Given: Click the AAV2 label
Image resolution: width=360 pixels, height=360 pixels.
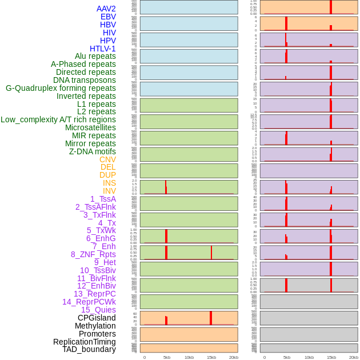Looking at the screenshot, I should click(x=106, y=9).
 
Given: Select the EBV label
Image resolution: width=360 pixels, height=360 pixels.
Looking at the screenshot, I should click(x=108, y=17).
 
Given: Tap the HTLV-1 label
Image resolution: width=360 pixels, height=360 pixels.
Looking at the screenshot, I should click(x=102, y=49).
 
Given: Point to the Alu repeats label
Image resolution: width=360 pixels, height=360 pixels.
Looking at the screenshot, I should click(x=95, y=56).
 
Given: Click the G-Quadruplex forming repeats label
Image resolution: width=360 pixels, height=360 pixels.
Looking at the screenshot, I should click(x=61, y=88).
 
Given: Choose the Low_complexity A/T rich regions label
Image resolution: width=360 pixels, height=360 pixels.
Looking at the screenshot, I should click(x=58, y=119).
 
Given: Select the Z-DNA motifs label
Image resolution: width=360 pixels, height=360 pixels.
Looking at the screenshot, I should click(x=92, y=151).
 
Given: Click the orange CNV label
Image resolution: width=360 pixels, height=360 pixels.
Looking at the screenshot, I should click(x=107, y=159).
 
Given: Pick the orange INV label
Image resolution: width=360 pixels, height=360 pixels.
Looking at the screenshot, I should click(x=109, y=191).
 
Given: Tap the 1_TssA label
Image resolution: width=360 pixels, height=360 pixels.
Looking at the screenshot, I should click(x=103, y=199).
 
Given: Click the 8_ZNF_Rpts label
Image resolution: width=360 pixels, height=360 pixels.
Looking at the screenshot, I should click(x=93, y=254).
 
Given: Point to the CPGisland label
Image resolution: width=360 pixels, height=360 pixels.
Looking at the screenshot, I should click(x=97, y=318).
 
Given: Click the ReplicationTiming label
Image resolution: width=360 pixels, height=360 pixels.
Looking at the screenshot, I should click(x=84, y=342).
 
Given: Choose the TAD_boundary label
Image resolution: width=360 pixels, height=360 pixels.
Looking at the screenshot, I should click(x=89, y=349).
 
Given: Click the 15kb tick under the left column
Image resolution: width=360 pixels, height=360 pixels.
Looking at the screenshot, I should click(x=211, y=357).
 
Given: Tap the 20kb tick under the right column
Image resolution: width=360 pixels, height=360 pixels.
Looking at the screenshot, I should click(x=354, y=357).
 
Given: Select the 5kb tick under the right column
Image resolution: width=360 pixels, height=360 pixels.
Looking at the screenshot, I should click(x=286, y=357).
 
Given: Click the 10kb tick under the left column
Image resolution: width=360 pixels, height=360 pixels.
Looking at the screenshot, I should click(x=189, y=357).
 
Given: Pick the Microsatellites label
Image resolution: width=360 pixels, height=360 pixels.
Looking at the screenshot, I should click(x=90, y=127).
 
